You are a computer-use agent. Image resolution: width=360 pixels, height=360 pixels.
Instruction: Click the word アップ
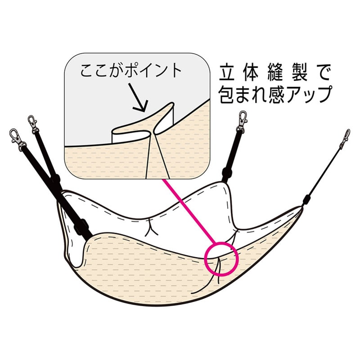[x=309, y=94]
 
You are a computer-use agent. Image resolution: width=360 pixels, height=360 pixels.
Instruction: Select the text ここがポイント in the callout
[x=131, y=71]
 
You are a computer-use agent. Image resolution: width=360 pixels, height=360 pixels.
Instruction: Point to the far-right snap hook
[x=346, y=138]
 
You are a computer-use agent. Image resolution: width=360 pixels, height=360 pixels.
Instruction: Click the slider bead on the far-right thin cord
[x=306, y=200]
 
